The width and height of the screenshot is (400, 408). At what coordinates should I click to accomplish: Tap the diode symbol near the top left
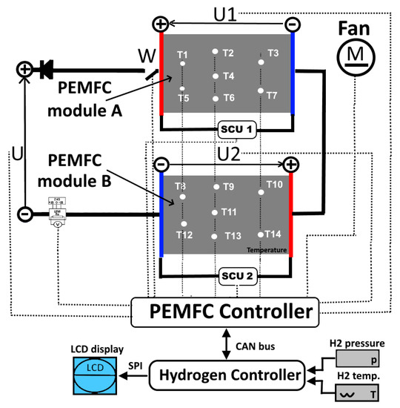pos(45,70)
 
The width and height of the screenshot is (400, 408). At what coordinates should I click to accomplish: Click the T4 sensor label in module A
pos(228,76)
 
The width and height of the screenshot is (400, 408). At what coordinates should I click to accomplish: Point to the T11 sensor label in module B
pos(229,212)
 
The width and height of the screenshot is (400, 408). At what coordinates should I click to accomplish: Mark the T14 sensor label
pos(273,234)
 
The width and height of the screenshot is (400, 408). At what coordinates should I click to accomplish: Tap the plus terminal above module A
pos(160,24)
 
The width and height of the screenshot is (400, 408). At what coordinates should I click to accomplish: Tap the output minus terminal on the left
pos(24,214)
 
